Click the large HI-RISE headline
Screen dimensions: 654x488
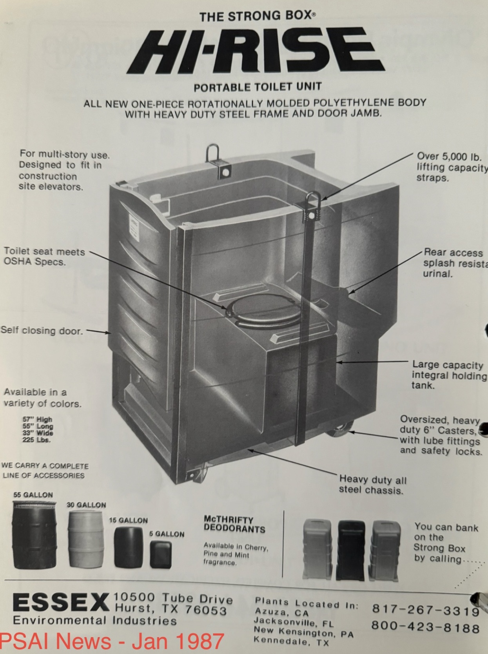tap(257, 51)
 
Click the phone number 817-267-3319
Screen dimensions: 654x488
tap(425, 610)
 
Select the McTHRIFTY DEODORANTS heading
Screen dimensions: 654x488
tap(234, 524)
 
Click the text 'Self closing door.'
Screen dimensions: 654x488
tap(42, 330)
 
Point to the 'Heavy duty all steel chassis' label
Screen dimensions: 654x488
tap(372, 485)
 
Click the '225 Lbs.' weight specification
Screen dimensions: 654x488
tap(36, 440)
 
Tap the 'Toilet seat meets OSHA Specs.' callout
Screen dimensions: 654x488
tap(44, 257)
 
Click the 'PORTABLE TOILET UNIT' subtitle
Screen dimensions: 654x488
tap(258, 87)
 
